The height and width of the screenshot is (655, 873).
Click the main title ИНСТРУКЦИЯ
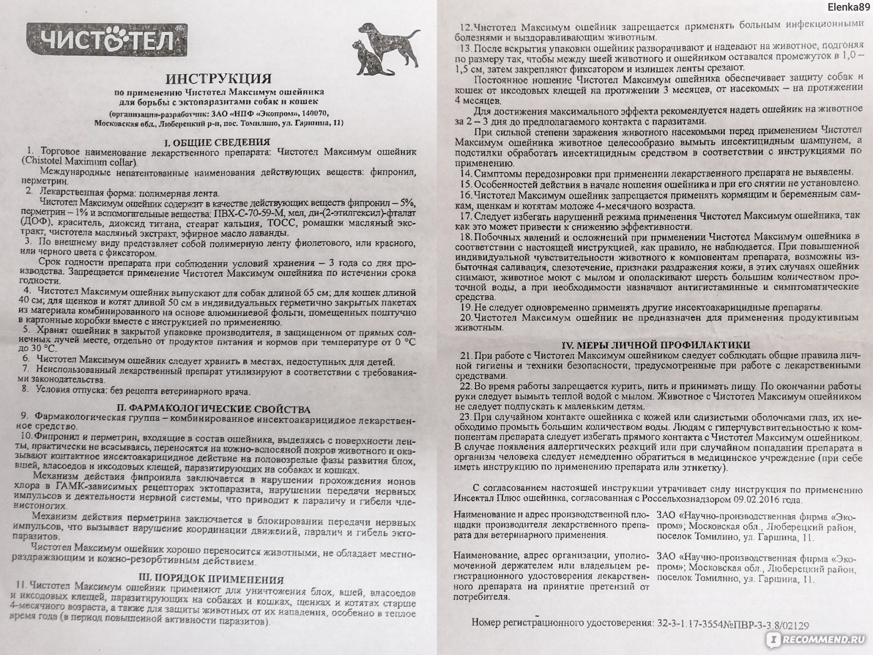click(x=218, y=80)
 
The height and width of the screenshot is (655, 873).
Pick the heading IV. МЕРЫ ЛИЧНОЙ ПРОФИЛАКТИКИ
click(x=656, y=344)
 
